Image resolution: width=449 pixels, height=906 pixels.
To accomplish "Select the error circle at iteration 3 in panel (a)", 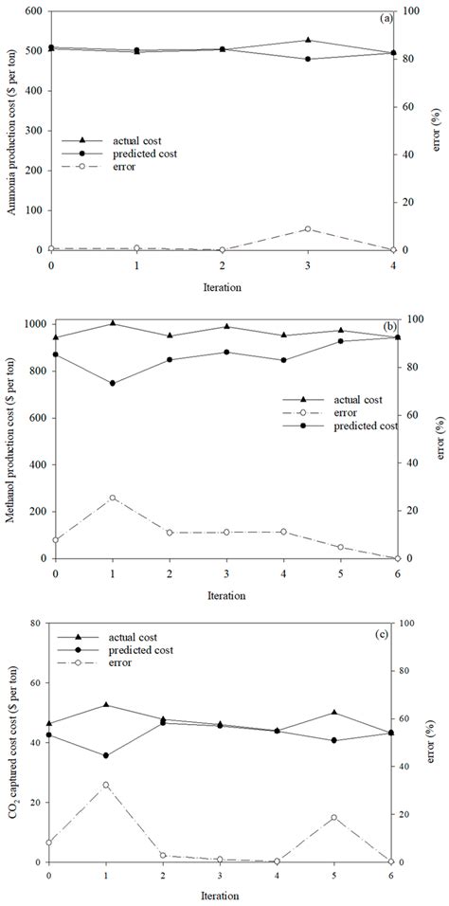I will tap(307, 229).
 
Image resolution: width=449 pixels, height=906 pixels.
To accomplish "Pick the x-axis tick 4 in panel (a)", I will tap(392, 265).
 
